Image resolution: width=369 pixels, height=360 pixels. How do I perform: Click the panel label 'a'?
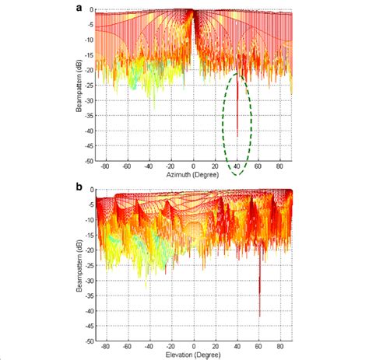pyautogui.click(x=79, y=6)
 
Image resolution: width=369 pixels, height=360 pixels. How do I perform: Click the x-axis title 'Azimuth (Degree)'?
pyautogui.click(x=193, y=177)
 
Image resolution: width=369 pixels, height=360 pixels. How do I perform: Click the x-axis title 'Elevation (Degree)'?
pyautogui.click(x=193, y=355)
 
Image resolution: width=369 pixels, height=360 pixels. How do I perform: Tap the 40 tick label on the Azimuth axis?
pyautogui.click(x=237, y=169)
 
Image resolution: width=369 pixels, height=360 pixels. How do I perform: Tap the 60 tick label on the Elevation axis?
pyautogui.click(x=259, y=348)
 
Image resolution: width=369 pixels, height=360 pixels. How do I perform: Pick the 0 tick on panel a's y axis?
pyautogui.click(x=91, y=10)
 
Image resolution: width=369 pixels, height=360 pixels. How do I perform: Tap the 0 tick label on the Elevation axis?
pyautogui.click(x=193, y=348)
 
